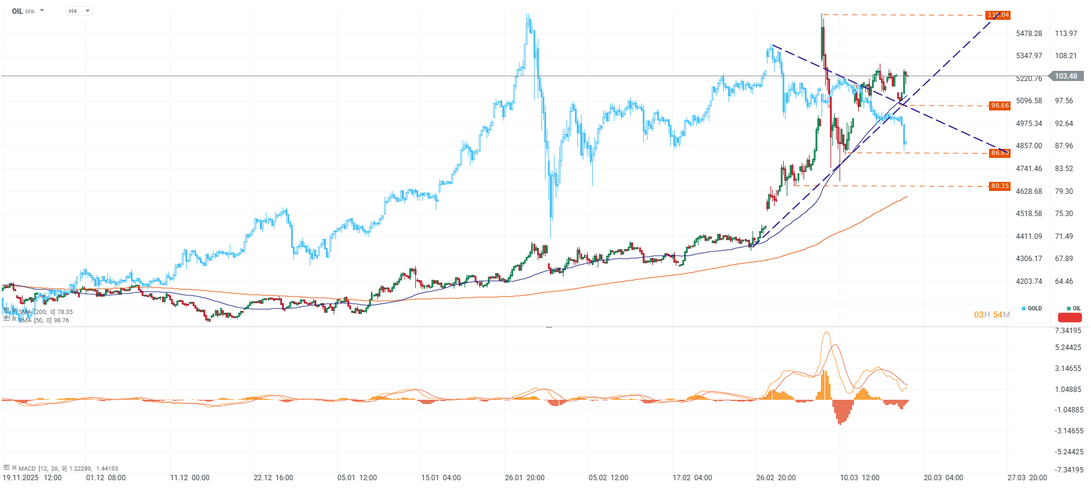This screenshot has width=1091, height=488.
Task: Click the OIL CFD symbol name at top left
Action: click(23, 11)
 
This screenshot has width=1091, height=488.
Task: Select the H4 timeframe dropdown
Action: click(79, 11)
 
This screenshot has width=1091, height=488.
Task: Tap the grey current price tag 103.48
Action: click(1066, 76)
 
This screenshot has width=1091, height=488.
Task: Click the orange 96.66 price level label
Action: click(1000, 106)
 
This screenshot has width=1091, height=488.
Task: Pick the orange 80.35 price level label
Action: click(1000, 186)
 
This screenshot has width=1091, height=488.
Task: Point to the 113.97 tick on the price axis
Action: click(1066, 34)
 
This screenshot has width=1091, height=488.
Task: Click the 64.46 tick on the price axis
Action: click(1064, 282)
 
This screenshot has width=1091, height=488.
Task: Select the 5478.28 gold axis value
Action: click(1029, 34)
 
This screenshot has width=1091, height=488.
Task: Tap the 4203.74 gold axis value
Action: click(1029, 282)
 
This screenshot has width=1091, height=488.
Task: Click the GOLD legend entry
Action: click(1032, 309)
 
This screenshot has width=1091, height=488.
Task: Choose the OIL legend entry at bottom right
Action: click(1074, 309)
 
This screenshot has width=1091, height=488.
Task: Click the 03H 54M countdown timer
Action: click(991, 315)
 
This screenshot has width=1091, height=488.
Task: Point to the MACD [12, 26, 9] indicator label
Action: click(67, 468)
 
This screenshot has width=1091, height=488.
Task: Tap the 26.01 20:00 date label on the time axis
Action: click(524, 478)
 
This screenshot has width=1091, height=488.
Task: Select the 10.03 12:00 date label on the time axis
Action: click(859, 478)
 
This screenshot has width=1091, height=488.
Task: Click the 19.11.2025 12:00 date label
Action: click(32, 478)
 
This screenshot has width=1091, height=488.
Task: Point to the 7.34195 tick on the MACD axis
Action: click(1068, 331)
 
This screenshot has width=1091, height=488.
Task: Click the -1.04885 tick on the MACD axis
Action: click(1068, 410)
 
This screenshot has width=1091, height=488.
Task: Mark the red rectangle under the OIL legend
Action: click(1069, 318)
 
